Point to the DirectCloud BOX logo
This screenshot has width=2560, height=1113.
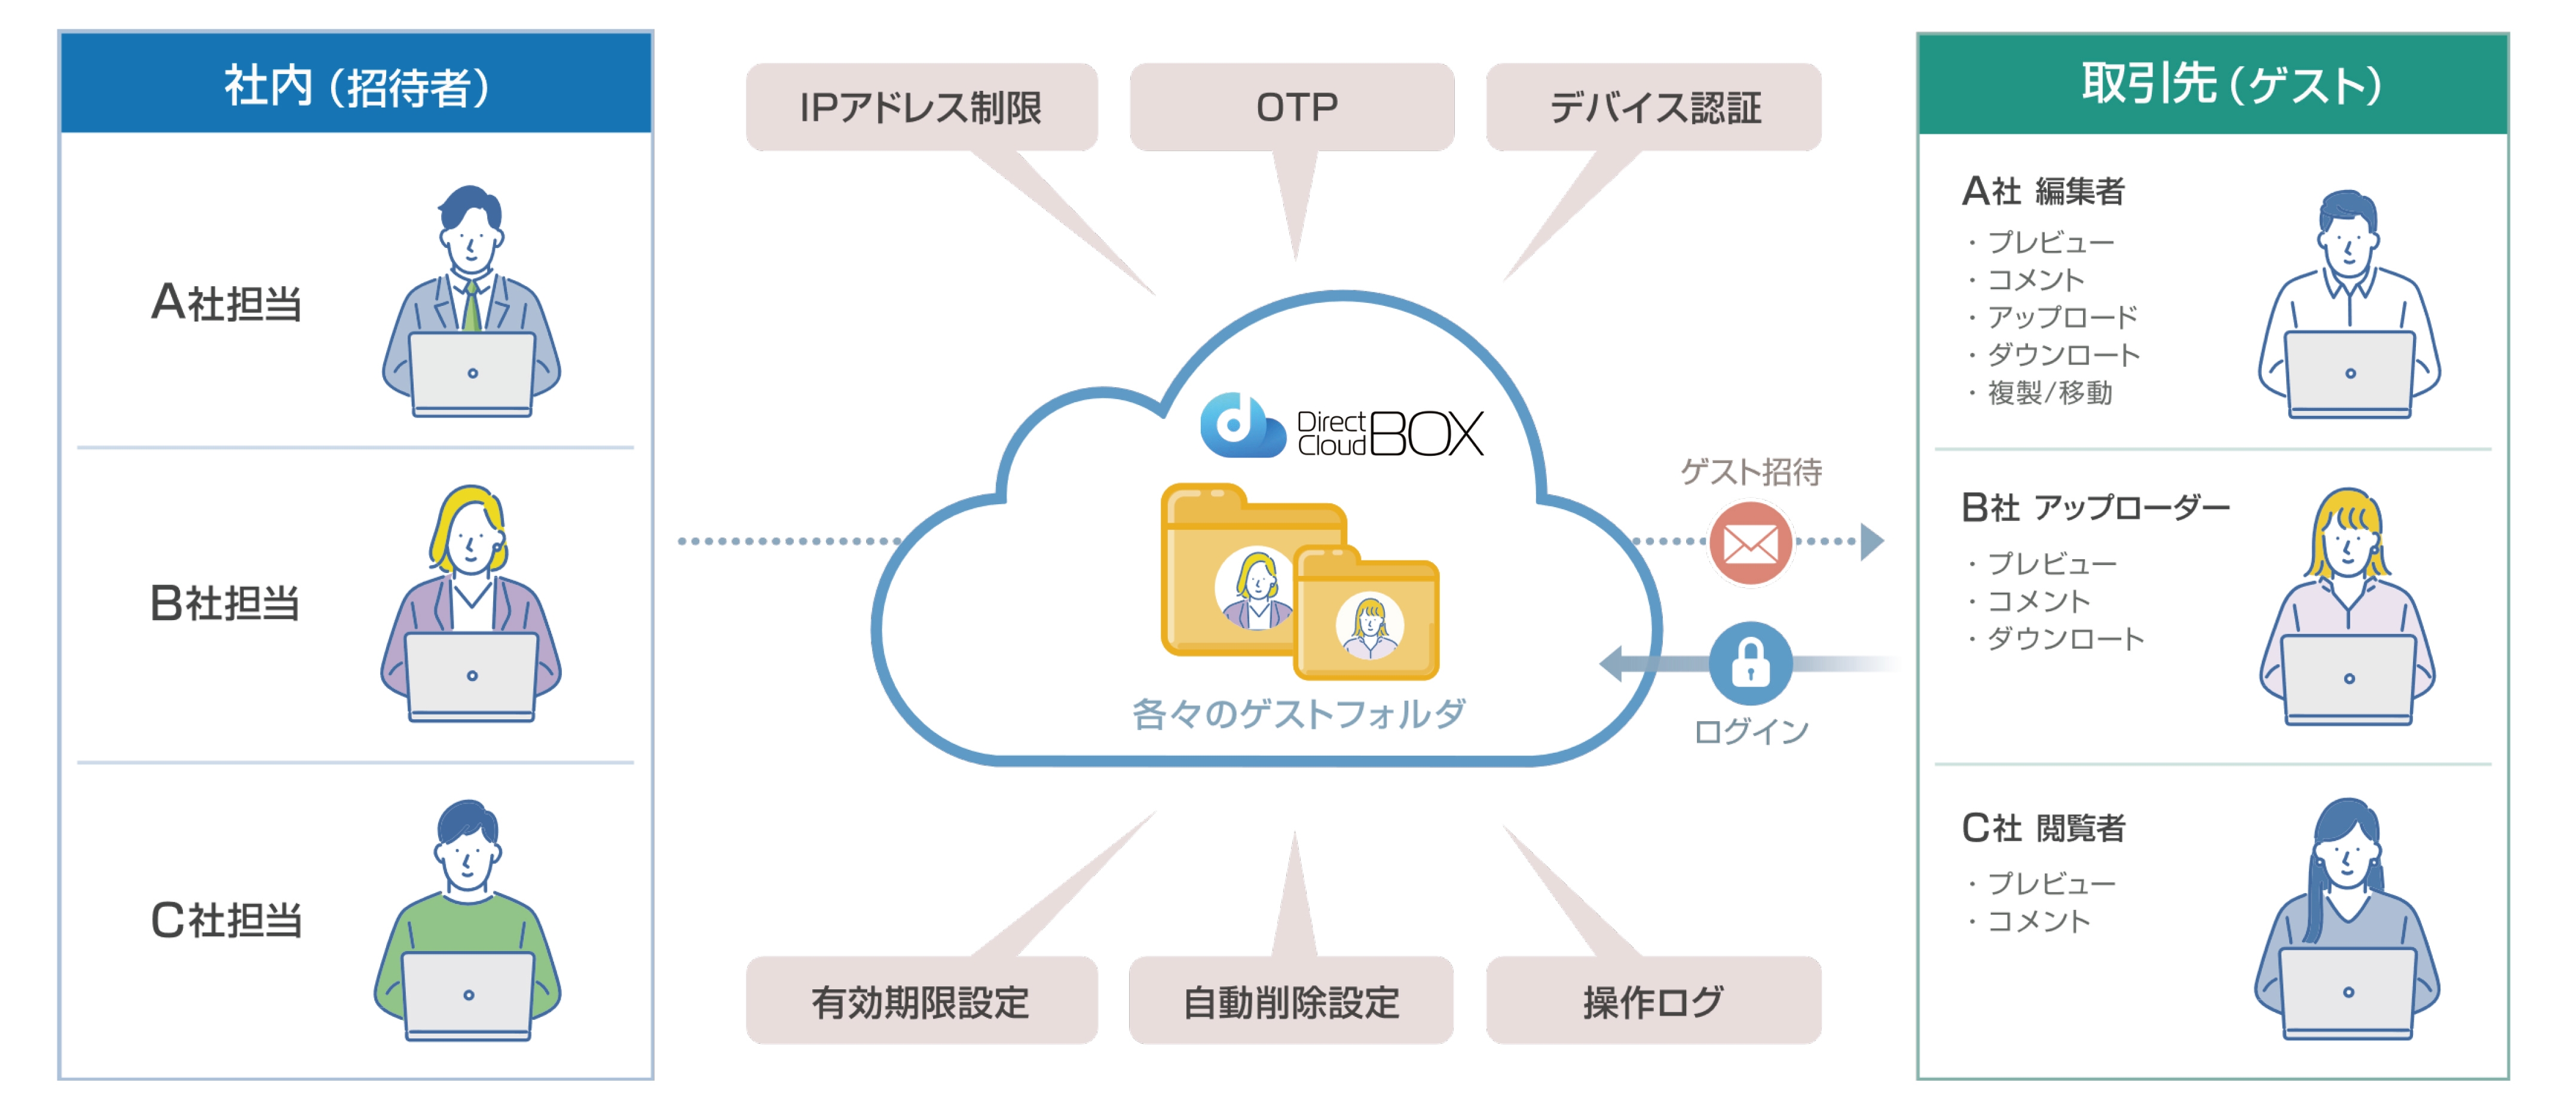(x=1342, y=427)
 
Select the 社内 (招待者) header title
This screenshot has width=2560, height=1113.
(x=356, y=85)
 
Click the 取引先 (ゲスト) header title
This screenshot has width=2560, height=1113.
(x=2231, y=84)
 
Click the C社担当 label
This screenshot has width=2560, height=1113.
(x=225, y=919)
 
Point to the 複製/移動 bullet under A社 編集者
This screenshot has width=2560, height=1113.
(x=2040, y=393)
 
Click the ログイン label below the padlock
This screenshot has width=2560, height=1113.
(x=1751, y=731)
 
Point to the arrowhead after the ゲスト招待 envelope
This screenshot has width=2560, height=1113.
(x=1872, y=542)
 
